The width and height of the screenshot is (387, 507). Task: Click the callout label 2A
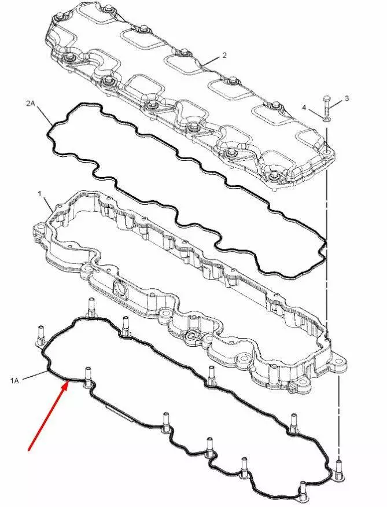point(31,104)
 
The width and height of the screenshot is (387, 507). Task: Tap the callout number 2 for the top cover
point(224,56)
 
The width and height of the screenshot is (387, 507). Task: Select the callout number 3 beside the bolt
point(347,98)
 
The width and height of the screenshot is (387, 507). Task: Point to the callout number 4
point(304,107)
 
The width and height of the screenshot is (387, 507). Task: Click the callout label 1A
point(14,381)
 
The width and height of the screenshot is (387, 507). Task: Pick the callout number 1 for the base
point(39,194)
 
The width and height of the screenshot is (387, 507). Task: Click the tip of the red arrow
point(68,381)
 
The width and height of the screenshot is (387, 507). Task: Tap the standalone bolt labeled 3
point(326,106)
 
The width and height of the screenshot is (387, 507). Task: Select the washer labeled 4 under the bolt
point(326,120)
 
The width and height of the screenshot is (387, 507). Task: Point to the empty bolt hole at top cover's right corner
point(327,152)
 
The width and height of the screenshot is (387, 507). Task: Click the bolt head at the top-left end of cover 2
point(60,16)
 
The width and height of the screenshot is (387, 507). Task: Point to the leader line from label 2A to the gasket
point(45,115)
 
